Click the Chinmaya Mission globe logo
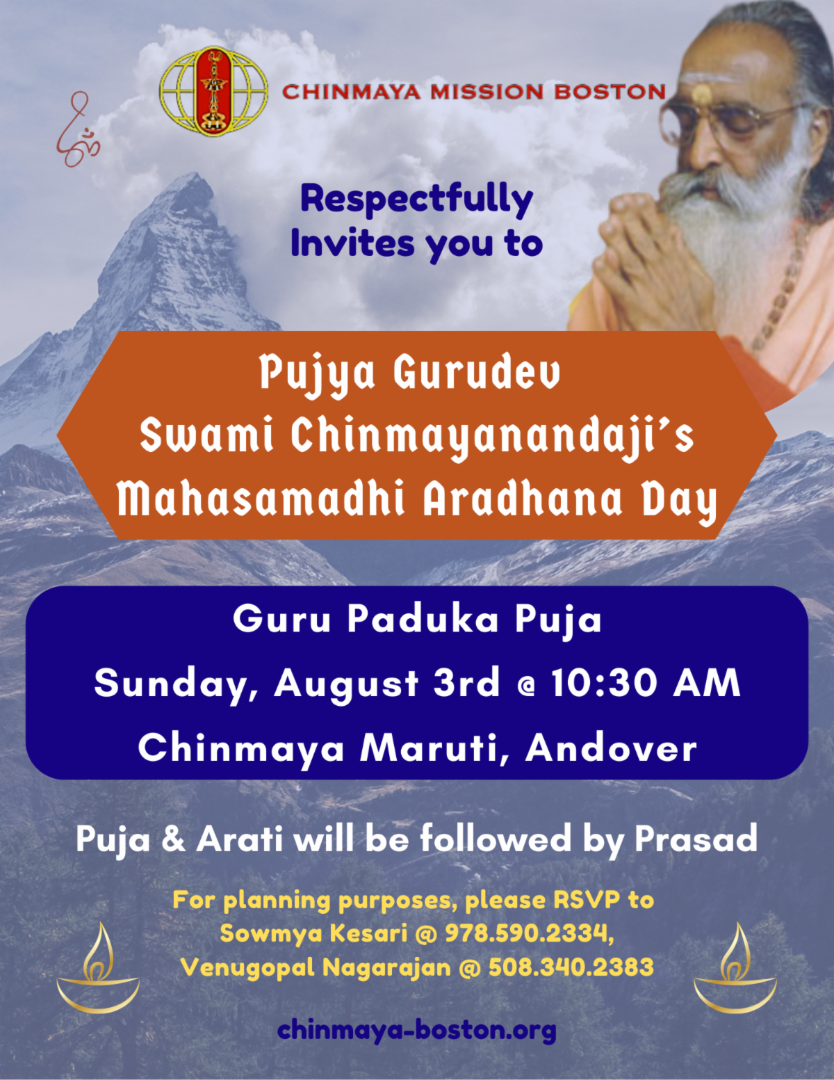tap(213, 92)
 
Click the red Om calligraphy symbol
tap(79, 129)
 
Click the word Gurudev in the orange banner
tap(477, 373)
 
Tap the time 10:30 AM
tap(646, 684)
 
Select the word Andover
tap(611, 748)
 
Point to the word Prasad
tap(696, 839)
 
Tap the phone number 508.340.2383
tap(571, 967)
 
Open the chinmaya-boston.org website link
tap(417, 1030)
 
